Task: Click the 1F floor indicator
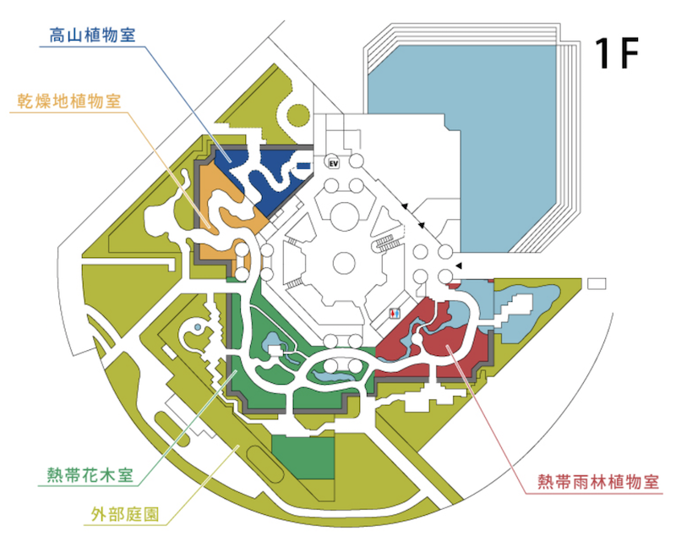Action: pyautogui.click(x=615, y=54)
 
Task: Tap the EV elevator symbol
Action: pyautogui.click(x=333, y=162)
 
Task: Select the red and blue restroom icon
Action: pyautogui.click(x=394, y=312)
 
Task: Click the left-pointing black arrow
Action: pyautogui.click(x=458, y=267)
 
